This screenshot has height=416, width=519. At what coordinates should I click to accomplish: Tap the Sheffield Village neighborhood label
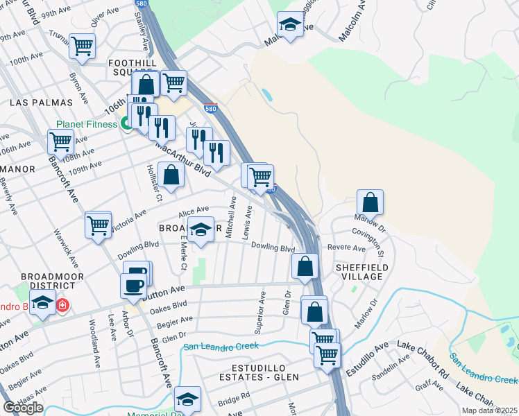coord(359,271)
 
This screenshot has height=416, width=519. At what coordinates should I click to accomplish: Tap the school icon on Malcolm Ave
coord(289,25)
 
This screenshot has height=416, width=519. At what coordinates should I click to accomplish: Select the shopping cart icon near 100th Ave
coord(83,46)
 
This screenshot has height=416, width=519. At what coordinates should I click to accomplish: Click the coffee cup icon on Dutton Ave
coord(133,285)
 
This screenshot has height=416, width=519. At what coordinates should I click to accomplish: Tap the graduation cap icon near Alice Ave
coord(201,229)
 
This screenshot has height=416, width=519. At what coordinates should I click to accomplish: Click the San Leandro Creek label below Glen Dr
coord(221,346)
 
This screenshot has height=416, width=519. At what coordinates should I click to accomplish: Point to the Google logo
coord(23,408)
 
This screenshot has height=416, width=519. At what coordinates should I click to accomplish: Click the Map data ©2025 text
coord(490,410)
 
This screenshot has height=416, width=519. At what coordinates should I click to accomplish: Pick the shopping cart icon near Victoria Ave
coord(98,225)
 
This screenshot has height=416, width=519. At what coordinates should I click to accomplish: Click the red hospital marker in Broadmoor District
coord(62,304)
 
